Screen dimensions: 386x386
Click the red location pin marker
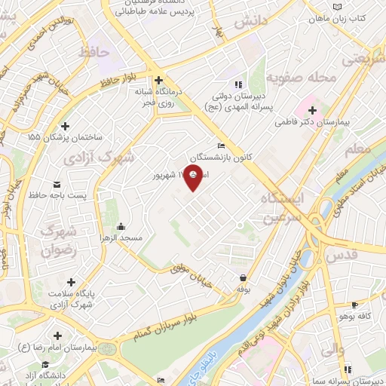pos(194,178)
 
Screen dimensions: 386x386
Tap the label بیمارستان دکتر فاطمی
pos(334,120)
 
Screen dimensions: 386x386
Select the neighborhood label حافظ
pos(94,52)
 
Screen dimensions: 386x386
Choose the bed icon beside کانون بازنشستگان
pos(220,146)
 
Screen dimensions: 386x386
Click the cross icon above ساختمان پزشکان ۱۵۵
pos(66,126)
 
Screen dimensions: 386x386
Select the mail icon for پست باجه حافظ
pos(57,184)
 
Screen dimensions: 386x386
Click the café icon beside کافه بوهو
pos(354,305)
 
